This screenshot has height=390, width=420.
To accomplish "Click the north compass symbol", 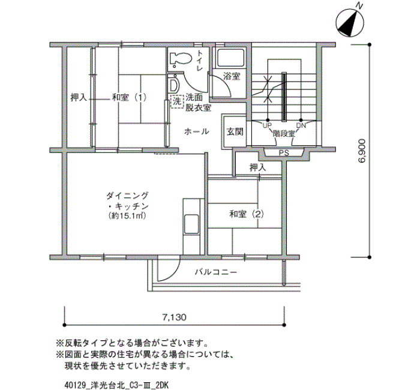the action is pyautogui.click(x=350, y=23).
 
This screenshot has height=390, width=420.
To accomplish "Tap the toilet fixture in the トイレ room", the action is pyautogui.click(x=180, y=59).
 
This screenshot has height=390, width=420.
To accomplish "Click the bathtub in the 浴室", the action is pyautogui.click(x=230, y=58).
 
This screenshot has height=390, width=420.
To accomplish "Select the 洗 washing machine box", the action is pyautogui.click(x=176, y=101).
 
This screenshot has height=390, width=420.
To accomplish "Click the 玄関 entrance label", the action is pyautogui.click(x=235, y=131).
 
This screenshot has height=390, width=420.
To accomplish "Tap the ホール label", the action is pyautogui.click(x=197, y=131).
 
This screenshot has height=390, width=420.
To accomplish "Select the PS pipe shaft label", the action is pyautogui.click(x=284, y=153).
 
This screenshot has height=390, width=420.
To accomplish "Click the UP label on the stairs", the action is pyautogui.click(x=267, y=125).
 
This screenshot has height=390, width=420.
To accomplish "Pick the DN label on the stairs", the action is pyautogui.click(x=301, y=125).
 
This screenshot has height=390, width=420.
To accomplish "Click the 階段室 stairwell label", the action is pyautogui.click(x=284, y=133).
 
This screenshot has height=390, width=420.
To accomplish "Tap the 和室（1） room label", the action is pyautogui.click(x=130, y=97).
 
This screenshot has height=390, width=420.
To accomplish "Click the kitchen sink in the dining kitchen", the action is pyautogui.click(x=191, y=224).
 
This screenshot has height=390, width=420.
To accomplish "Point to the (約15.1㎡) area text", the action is pyautogui.click(x=127, y=216).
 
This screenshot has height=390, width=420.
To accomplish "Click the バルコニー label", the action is pyautogui.click(x=215, y=272).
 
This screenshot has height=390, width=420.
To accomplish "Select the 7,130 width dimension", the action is pyautogui.click(x=174, y=317).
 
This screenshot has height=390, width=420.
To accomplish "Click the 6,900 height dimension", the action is pyautogui.click(x=361, y=151).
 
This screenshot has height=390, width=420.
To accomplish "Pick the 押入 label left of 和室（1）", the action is pyautogui.click(x=79, y=97).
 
